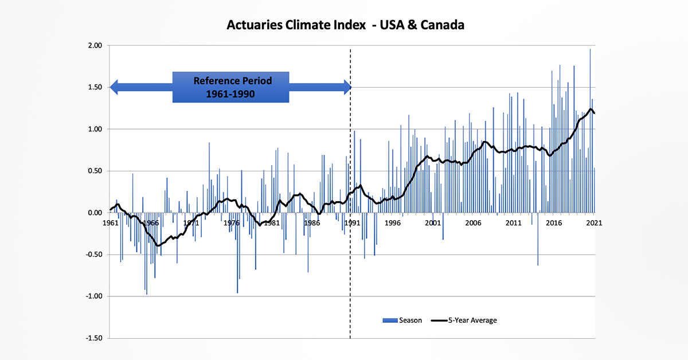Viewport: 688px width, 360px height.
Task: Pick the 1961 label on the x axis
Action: [x=110, y=223]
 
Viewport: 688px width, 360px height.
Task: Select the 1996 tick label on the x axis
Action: [x=393, y=223]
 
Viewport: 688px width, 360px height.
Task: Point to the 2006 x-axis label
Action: [x=473, y=223]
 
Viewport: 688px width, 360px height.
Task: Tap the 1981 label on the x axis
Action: [x=272, y=223]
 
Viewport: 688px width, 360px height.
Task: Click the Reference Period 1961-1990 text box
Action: [x=231, y=87]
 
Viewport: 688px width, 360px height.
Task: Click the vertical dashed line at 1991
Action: [x=350, y=258]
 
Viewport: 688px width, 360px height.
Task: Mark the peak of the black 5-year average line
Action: [x=591, y=109]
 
